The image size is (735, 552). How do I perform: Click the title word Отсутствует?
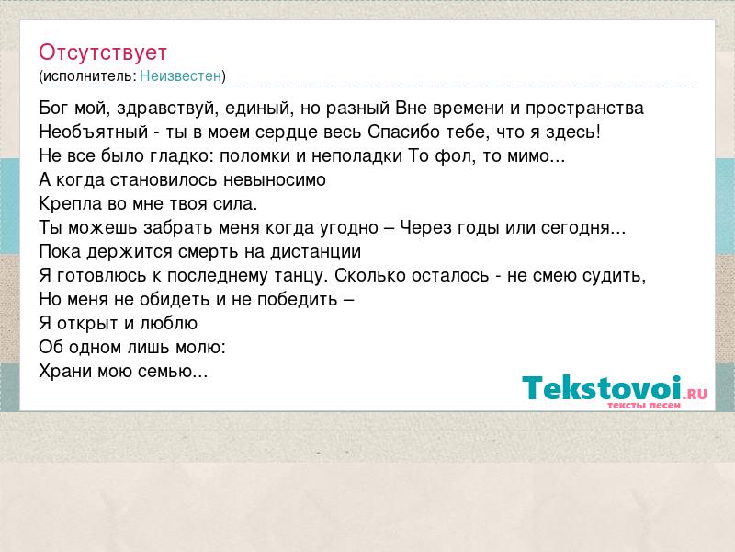click(x=103, y=52)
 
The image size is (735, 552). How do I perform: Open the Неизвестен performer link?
click(x=180, y=75)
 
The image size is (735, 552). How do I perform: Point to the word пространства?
click(x=584, y=109)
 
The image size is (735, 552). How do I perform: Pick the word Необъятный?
click(x=94, y=132)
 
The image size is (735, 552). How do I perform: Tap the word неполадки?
click(x=356, y=156)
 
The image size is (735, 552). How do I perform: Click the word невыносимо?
click(x=274, y=180)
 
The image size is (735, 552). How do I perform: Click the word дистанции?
click(x=315, y=252)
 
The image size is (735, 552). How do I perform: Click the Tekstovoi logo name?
click(x=602, y=387)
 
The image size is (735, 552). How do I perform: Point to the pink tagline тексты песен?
click(x=644, y=405)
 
